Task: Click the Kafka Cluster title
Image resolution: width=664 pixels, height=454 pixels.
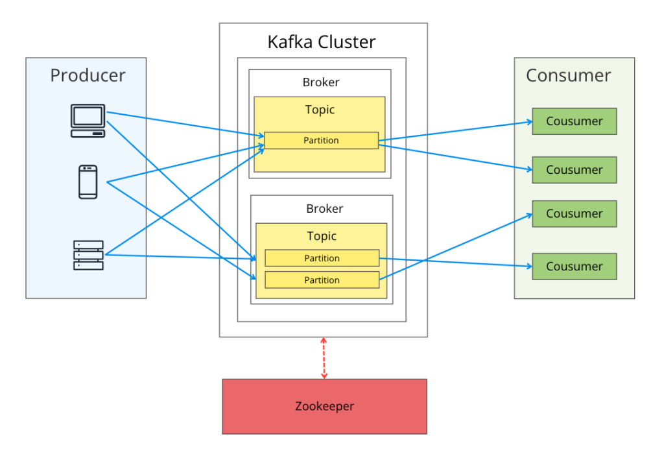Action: click(x=322, y=43)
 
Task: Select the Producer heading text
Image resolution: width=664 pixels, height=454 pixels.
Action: click(x=88, y=75)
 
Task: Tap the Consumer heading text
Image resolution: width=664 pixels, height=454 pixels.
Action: click(x=568, y=75)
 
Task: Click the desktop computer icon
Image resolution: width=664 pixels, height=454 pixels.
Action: click(x=88, y=121)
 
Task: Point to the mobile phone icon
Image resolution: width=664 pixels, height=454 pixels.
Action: click(x=88, y=182)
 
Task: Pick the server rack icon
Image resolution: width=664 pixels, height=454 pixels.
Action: click(x=88, y=255)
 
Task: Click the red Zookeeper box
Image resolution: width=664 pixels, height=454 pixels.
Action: click(x=324, y=407)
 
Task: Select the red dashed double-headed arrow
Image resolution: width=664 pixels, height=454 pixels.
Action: click(x=324, y=358)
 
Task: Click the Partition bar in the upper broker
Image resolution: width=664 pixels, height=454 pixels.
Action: click(x=321, y=141)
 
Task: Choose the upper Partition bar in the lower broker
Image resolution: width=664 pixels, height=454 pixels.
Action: click(x=322, y=258)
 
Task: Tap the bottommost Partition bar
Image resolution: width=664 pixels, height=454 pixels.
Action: click(x=322, y=280)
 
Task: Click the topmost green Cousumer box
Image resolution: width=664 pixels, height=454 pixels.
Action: click(x=574, y=121)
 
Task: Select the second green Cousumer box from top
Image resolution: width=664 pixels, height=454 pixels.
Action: click(x=574, y=170)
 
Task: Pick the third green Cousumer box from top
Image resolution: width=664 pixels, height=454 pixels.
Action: click(x=574, y=213)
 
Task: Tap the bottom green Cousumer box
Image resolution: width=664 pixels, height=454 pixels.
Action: click(x=574, y=267)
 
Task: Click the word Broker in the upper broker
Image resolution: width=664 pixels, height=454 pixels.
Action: click(x=320, y=82)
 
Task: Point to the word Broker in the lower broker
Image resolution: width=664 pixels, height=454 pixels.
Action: click(x=324, y=209)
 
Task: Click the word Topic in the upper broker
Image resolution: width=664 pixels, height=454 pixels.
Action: click(x=320, y=110)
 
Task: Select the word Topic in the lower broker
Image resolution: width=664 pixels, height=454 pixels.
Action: click(x=322, y=236)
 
